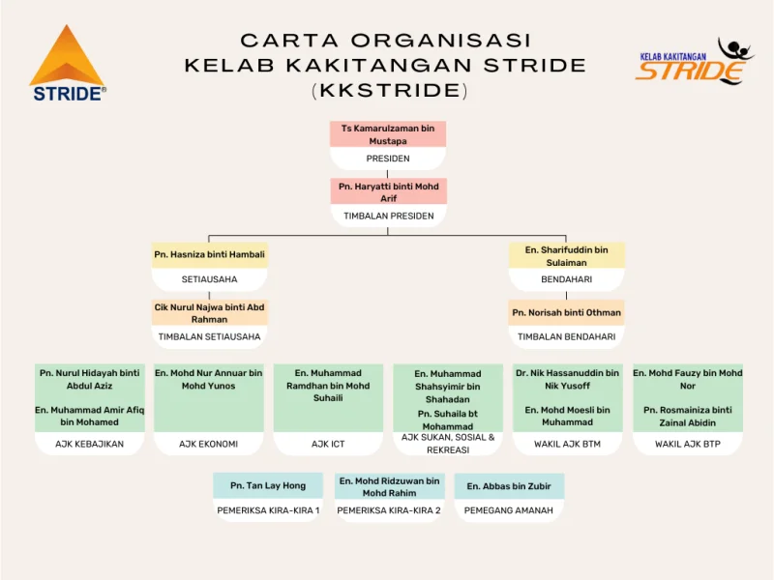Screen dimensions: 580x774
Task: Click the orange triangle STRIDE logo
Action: (x=67, y=65)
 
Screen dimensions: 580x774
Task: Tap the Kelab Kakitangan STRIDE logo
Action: (x=693, y=62)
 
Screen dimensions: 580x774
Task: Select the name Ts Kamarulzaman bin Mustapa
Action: (x=387, y=134)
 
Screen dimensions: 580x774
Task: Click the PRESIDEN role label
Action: (x=387, y=159)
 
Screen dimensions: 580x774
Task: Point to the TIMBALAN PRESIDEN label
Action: (x=388, y=217)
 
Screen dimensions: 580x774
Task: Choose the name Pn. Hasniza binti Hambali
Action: (x=209, y=255)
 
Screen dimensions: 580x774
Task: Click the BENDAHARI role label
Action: (x=566, y=279)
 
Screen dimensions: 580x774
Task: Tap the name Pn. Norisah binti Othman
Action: (x=566, y=313)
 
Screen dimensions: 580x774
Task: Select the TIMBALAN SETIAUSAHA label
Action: (x=209, y=337)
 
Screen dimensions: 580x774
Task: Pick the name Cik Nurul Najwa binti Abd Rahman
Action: (x=209, y=313)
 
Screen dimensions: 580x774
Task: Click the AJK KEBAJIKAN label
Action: (x=90, y=445)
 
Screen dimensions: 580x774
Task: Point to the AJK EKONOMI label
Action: (x=208, y=445)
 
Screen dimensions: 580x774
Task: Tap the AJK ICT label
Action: (x=328, y=445)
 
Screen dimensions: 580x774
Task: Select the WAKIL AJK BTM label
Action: (x=567, y=445)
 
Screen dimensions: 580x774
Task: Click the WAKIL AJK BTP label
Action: (x=687, y=445)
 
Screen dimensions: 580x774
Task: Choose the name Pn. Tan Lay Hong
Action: (x=268, y=486)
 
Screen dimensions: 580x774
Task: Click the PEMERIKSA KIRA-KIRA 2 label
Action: (x=389, y=510)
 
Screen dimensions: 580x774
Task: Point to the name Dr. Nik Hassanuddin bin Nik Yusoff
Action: (x=567, y=379)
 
